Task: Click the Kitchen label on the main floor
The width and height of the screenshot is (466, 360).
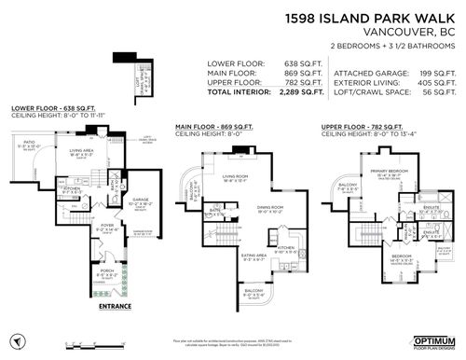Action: tap(285, 247)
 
